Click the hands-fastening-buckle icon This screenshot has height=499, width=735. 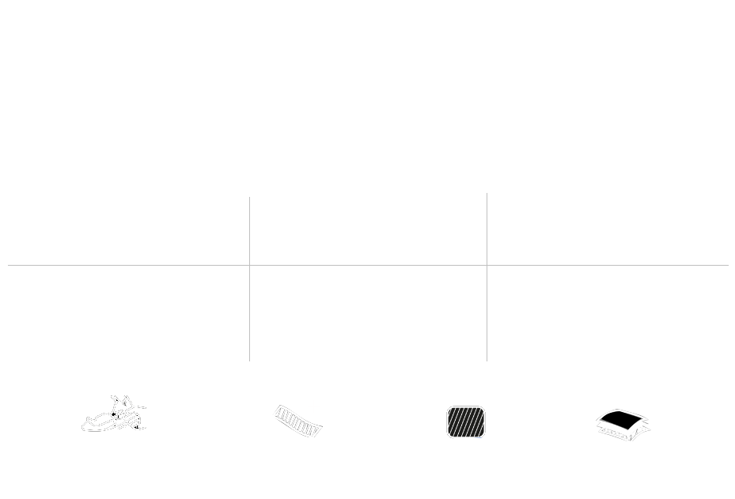pyautogui.click(x=114, y=414)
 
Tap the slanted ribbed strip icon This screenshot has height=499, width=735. pyautogui.click(x=297, y=421)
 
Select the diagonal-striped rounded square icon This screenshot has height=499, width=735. pyautogui.click(x=466, y=422)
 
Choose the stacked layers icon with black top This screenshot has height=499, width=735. pyautogui.click(x=623, y=424)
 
